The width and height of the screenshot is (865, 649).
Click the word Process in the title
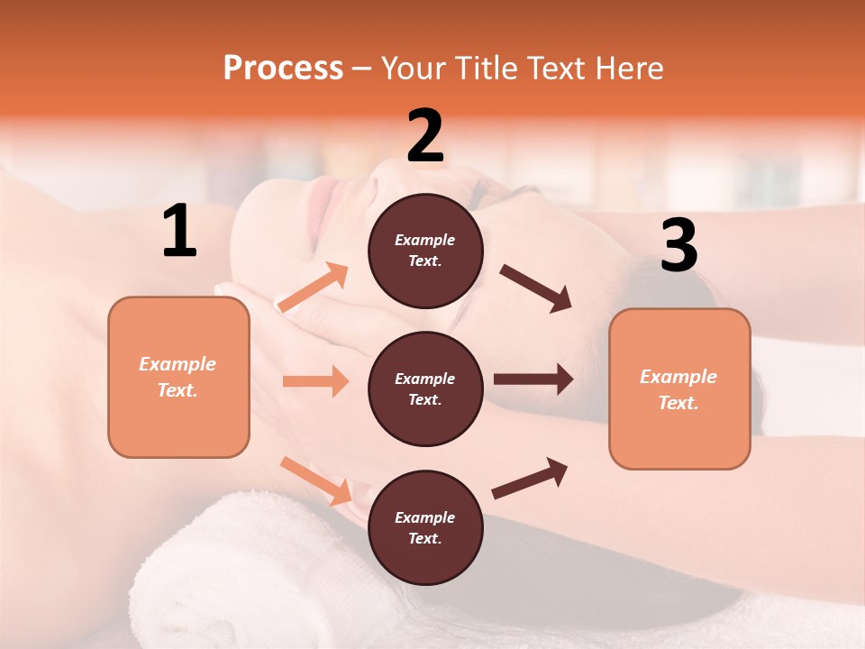[283, 68]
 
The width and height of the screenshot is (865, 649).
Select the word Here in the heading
[628, 68]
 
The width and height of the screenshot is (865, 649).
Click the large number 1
[179, 233]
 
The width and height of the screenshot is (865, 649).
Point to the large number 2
[425, 137]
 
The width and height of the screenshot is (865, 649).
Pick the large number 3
[678, 246]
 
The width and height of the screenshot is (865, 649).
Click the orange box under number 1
[178, 377]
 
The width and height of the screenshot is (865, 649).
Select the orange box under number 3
[679, 388]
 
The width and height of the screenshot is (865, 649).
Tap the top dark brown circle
[425, 250]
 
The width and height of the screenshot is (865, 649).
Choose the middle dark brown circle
[425, 388]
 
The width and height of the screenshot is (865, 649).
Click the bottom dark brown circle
[425, 527]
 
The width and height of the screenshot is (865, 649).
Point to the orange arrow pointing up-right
[314, 288]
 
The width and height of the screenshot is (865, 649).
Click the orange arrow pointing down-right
[315, 480]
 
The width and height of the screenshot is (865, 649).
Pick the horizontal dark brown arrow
[533, 379]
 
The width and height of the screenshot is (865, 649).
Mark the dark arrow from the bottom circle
[531, 478]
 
